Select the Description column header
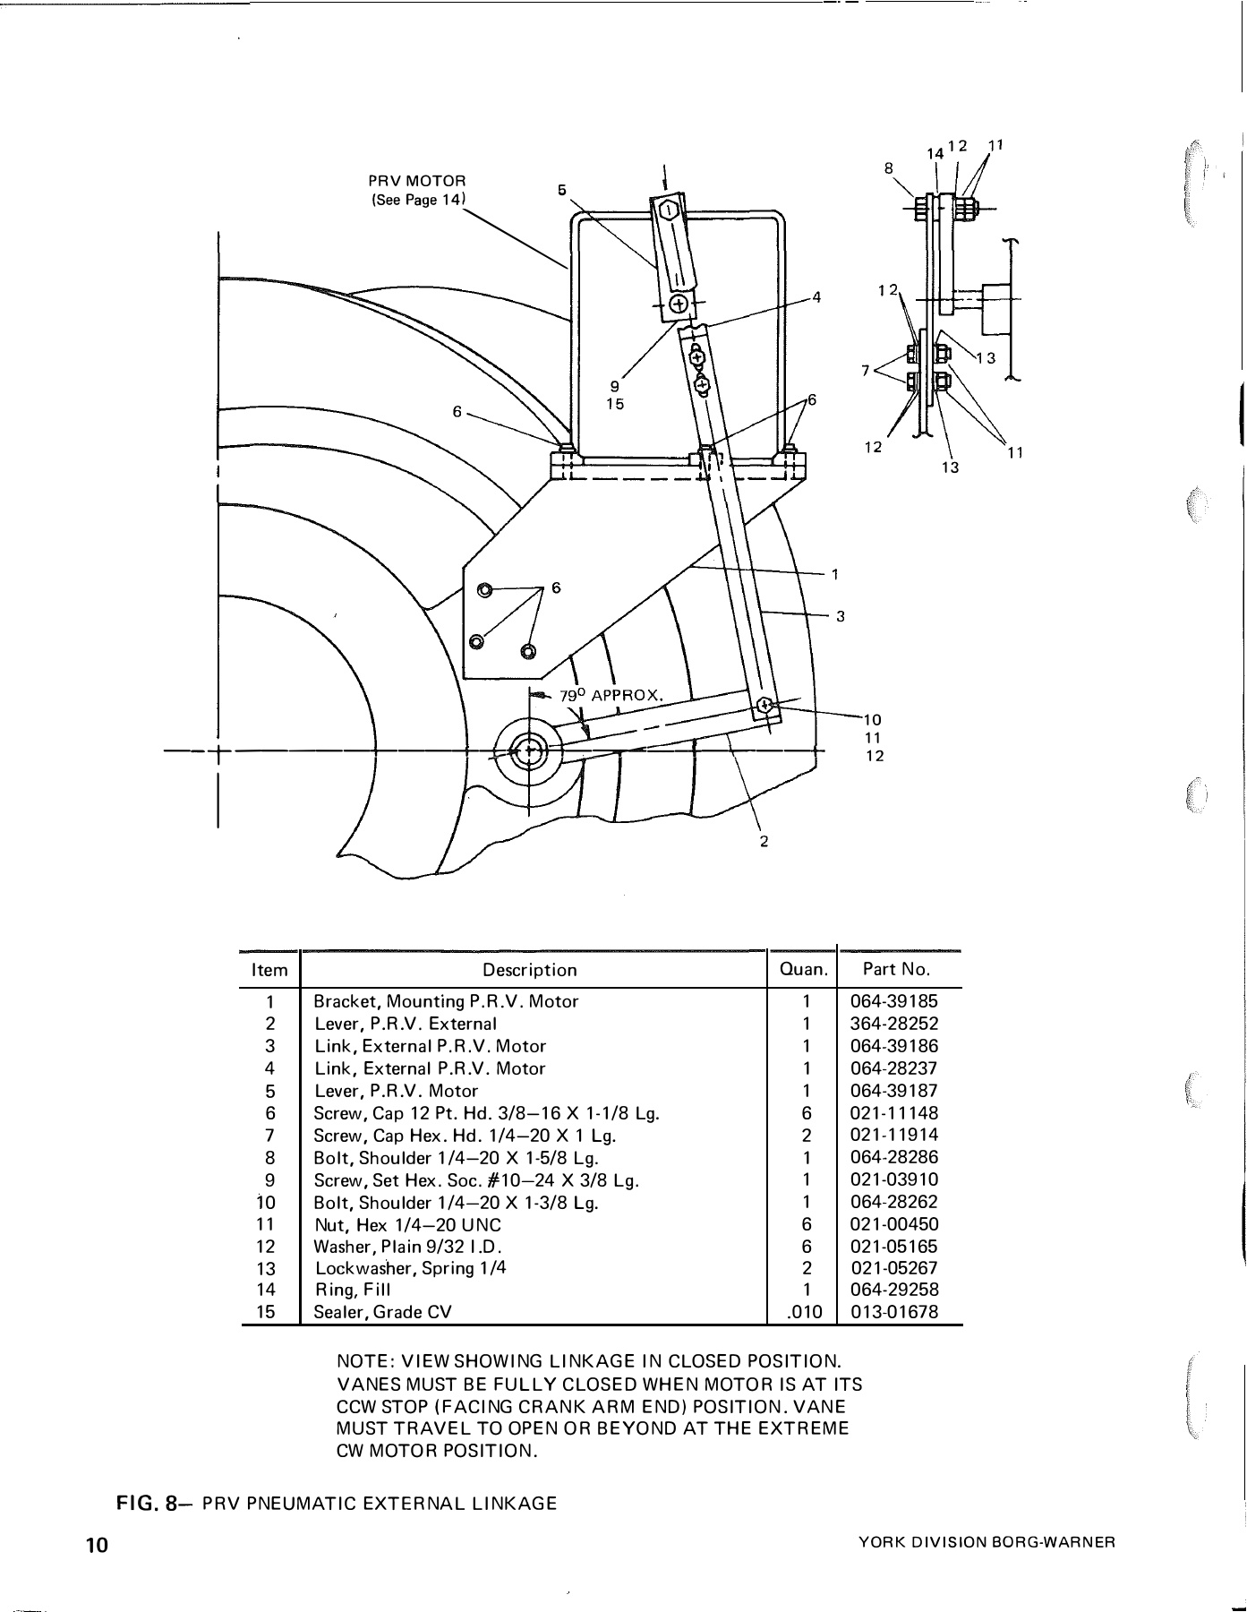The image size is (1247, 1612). [x=530, y=970]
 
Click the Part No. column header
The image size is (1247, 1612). [x=896, y=969]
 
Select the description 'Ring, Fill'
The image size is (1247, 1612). [x=353, y=1290]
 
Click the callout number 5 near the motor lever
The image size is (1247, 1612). [x=562, y=190]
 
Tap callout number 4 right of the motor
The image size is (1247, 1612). [x=816, y=296]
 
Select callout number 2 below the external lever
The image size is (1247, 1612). [x=764, y=840]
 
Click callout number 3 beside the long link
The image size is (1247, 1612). [x=841, y=616]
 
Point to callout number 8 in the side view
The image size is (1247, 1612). [x=888, y=167]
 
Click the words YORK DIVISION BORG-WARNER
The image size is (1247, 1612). [x=986, y=1541]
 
